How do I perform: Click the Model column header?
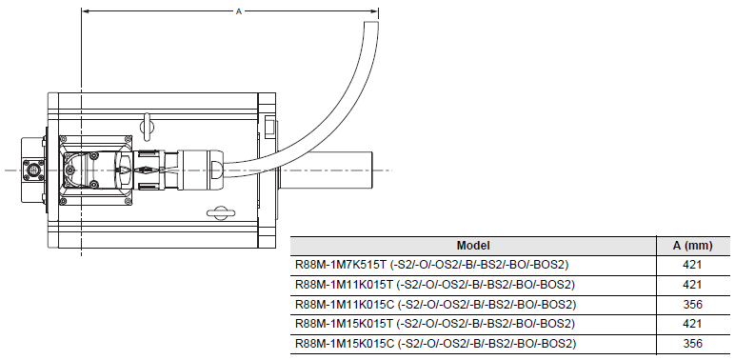[x=473, y=246]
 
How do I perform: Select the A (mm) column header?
[x=692, y=246]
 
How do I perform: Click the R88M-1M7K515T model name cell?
[x=431, y=265]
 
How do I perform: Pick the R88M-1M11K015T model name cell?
[x=435, y=285]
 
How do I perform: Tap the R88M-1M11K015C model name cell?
[x=435, y=305]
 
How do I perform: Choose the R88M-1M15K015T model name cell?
[x=435, y=324]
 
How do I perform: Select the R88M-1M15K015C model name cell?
[x=435, y=344]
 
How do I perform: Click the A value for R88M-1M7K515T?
[x=692, y=265]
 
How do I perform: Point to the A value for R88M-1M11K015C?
[x=692, y=305]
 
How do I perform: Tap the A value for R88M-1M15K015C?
[x=692, y=344]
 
